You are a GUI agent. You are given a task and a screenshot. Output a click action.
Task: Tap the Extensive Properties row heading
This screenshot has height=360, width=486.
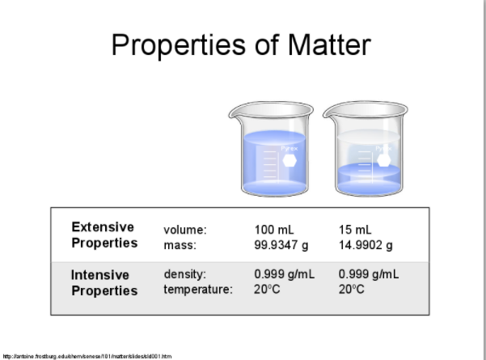pos(104,235)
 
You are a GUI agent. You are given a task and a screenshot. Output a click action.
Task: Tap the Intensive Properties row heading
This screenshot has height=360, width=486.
pos(104,282)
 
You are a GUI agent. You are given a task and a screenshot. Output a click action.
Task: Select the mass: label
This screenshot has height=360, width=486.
pos(181,244)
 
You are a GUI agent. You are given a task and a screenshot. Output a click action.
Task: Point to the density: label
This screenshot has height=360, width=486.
pos(186,275)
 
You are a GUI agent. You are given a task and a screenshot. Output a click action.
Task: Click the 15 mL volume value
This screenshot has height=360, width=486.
pos(356,230)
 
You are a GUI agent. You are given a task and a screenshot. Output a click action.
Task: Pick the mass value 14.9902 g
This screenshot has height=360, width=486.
pos(366,244)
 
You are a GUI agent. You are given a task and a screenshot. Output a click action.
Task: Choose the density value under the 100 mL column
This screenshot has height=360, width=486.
pos(285,275)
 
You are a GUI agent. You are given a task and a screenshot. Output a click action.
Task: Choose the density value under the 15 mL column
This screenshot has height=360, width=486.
pos(370,275)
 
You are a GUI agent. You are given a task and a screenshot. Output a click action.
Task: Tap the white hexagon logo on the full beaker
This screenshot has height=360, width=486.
pos(289,159)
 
